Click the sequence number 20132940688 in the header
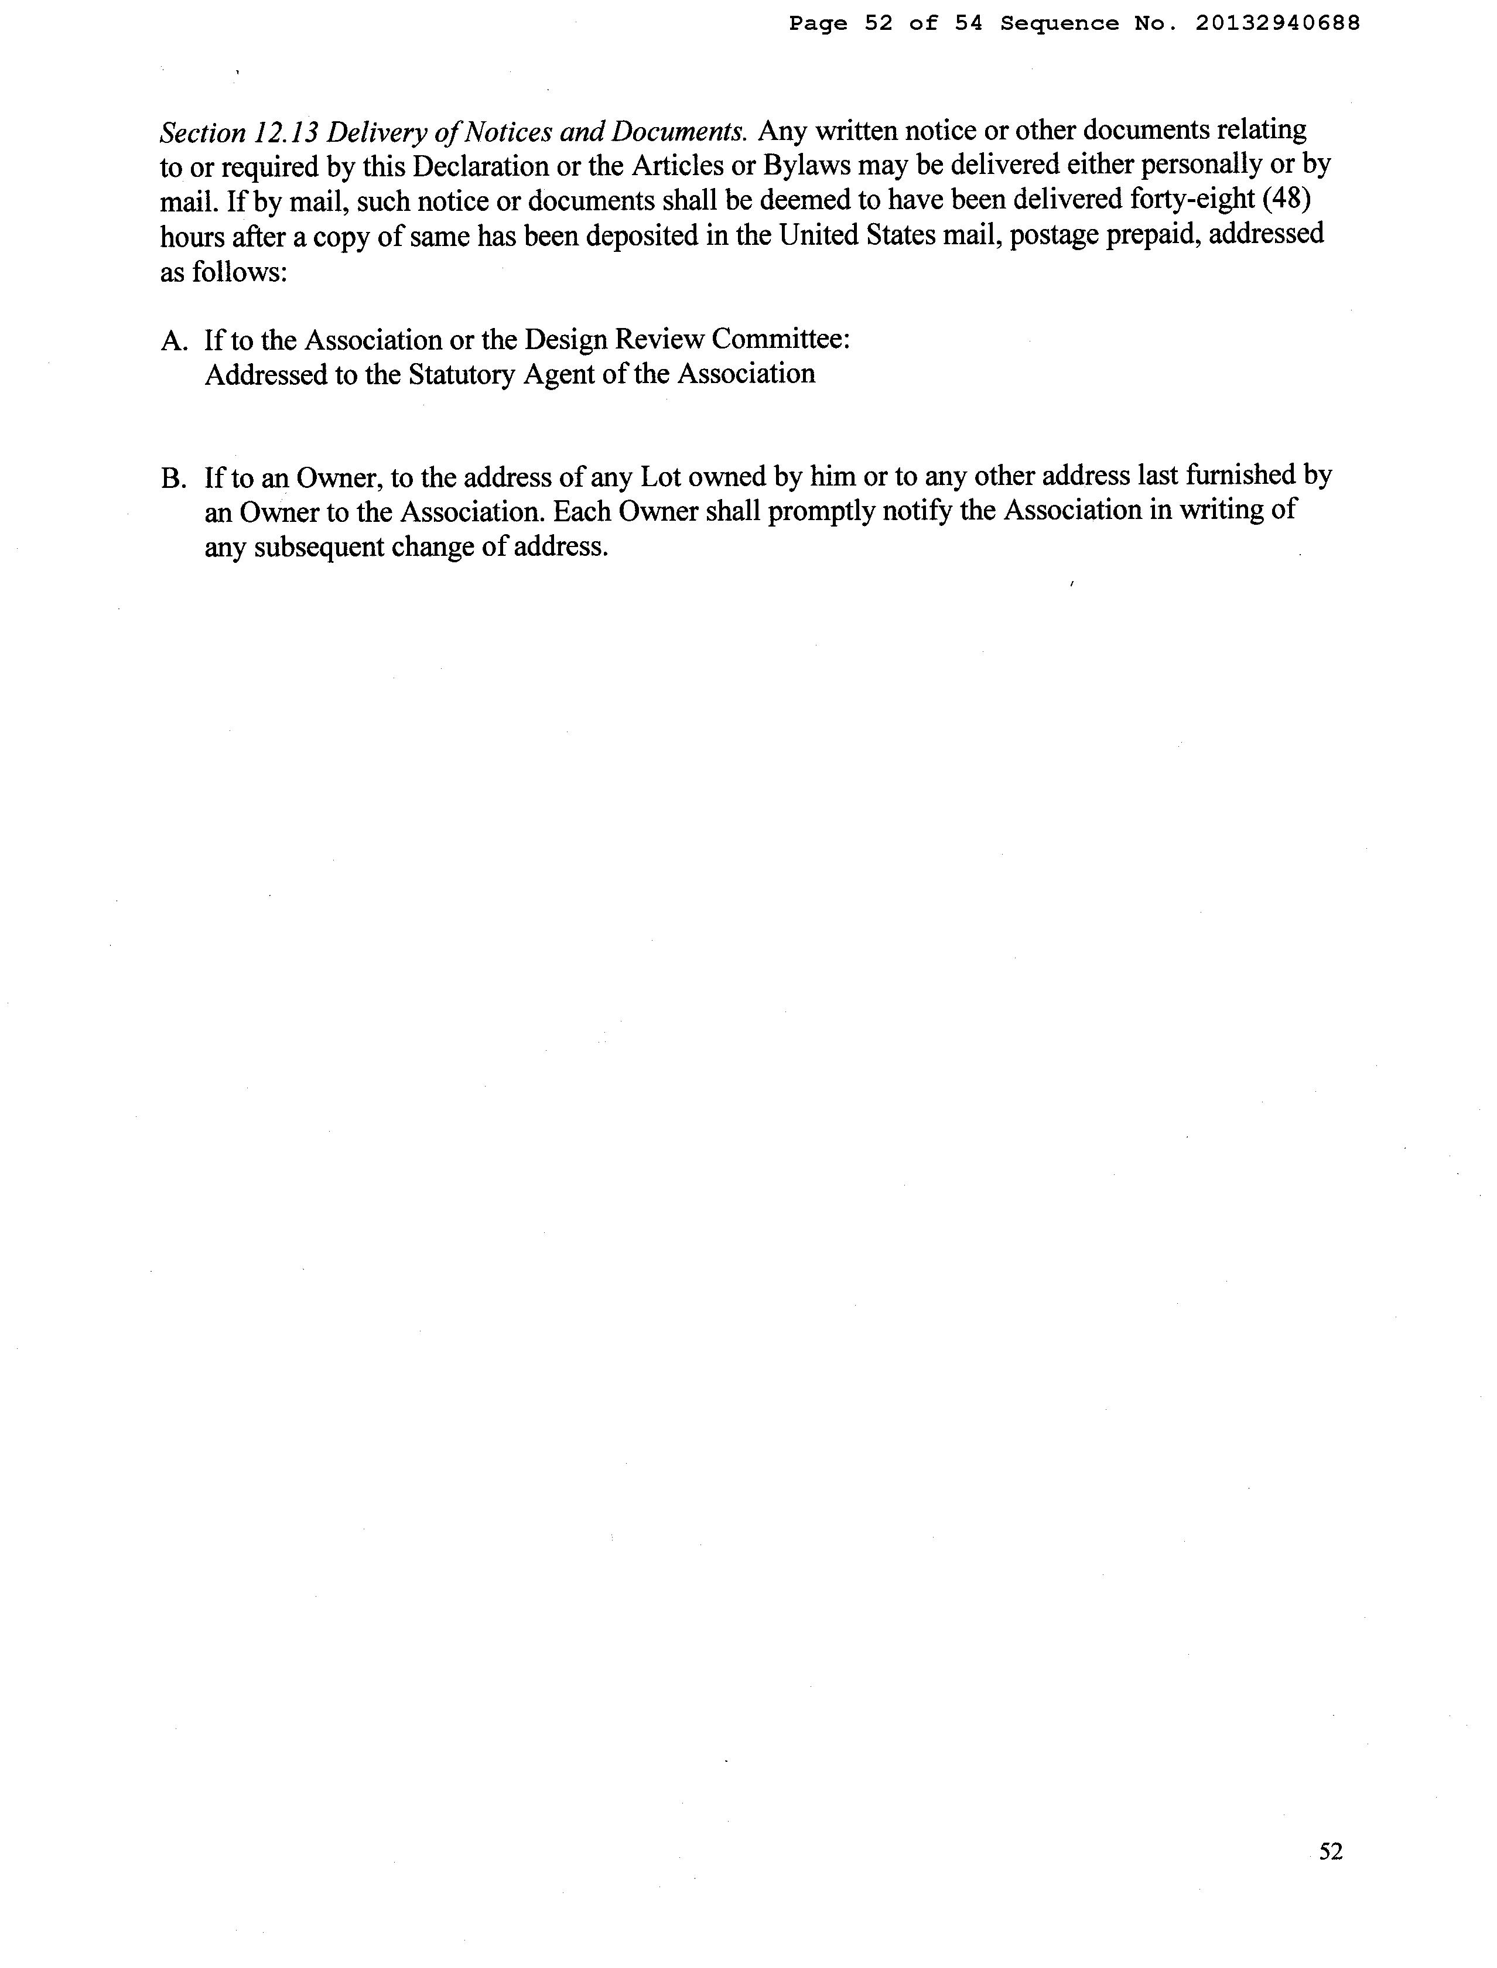click(x=1278, y=24)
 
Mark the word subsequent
click(x=316, y=546)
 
